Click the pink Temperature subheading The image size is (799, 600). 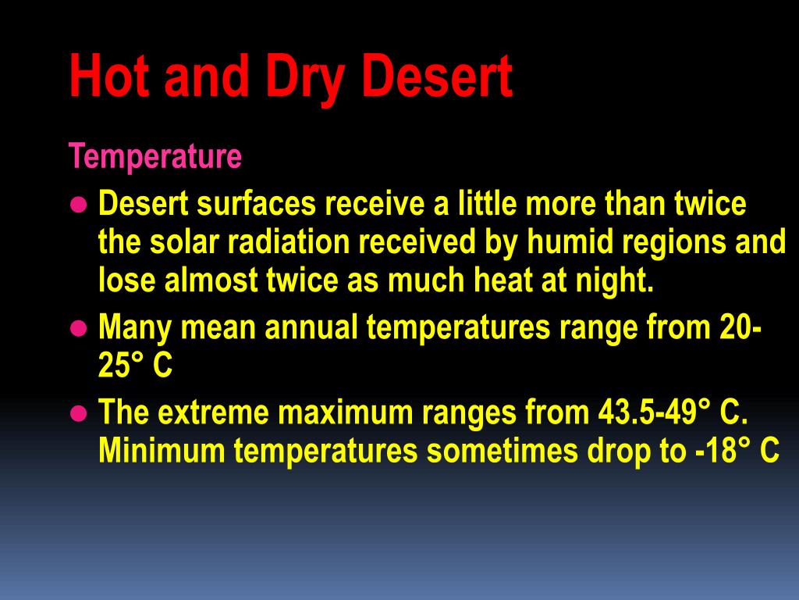pos(155,157)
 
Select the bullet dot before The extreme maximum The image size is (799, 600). pos(76,413)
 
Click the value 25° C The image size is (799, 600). pos(135,366)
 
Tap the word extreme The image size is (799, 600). pos(218,412)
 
